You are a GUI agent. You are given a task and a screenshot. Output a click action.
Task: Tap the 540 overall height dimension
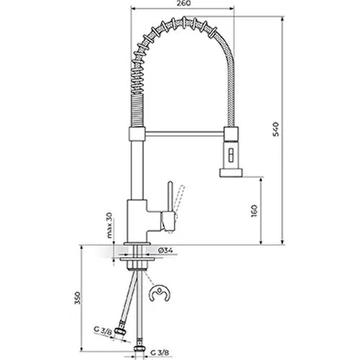[x=276, y=130]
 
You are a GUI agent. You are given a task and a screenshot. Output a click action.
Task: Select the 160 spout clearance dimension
[x=254, y=211]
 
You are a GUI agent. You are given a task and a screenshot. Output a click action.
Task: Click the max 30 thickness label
[x=109, y=225]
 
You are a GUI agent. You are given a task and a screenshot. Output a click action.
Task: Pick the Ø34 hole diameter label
[x=165, y=251]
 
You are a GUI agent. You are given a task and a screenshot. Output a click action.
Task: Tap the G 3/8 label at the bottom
[x=160, y=353]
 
